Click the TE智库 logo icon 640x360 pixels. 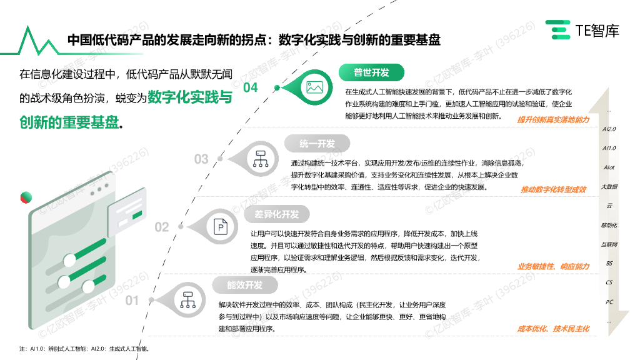[558, 29]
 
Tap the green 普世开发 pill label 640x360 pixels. [372, 72]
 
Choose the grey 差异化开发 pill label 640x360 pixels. [276, 214]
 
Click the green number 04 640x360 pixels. [250, 87]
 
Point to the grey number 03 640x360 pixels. [201, 159]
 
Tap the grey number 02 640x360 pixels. [161, 227]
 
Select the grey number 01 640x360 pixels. [132, 301]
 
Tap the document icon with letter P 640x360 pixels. [221, 227]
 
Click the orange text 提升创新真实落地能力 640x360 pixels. [553, 119]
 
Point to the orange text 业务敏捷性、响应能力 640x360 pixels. [553, 267]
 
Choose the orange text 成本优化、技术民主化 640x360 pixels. [553, 328]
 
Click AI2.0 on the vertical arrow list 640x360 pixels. [609, 129]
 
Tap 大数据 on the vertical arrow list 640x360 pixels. [609, 186]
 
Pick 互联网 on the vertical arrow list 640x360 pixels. [609, 244]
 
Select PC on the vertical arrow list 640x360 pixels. [609, 302]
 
